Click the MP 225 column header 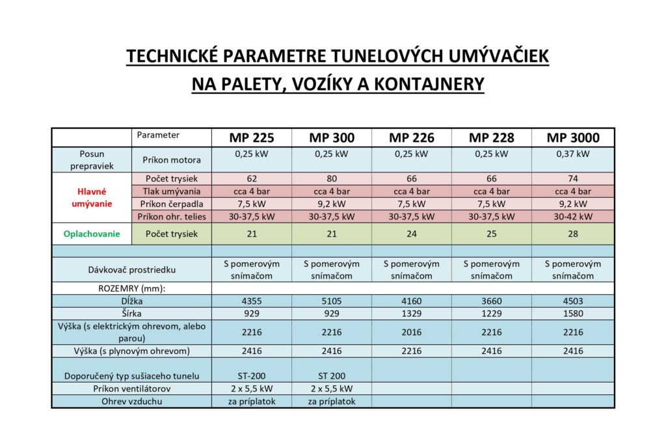tap(251, 138)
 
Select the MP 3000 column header tap(572, 138)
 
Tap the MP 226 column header tap(412, 138)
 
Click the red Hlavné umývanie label tap(92, 197)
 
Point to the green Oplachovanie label tap(92, 234)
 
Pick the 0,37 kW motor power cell tap(572, 154)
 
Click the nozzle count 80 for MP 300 tap(332, 178)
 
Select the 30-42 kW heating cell tap(572, 216)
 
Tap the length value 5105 tap(332, 301)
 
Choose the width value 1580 tap(572, 314)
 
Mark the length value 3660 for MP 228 tap(492, 301)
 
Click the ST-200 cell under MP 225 tap(251, 375)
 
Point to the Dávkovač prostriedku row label tap(132, 269)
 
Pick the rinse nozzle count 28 tap(572, 234)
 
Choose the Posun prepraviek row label tap(92, 159)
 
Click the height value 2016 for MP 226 tap(412, 332)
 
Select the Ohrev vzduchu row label tap(132, 401)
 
